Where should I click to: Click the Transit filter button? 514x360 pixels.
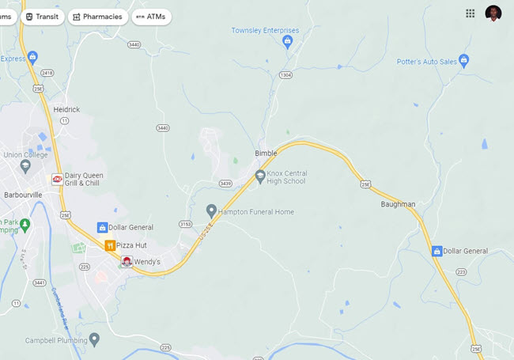[43, 17]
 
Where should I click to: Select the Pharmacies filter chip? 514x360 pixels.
[97, 17]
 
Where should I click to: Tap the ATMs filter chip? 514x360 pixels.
[150, 17]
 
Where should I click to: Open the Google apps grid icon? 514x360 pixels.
[471, 13]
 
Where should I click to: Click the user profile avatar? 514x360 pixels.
[493, 13]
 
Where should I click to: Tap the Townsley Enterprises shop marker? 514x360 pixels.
[287, 40]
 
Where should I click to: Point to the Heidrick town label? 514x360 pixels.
[66, 109]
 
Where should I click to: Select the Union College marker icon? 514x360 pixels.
[25, 166]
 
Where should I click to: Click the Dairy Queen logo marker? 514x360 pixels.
[57, 179]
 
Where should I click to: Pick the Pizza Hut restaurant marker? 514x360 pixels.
[111, 245]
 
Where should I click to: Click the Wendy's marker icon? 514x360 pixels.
[127, 261]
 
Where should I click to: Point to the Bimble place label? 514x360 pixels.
[266, 153]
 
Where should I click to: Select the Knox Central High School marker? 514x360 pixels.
[260, 176]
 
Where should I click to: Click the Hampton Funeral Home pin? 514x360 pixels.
[211, 211]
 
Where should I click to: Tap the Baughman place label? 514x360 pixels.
[397, 204]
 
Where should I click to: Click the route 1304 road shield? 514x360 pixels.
[285, 75]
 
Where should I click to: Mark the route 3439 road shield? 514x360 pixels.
[226, 184]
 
